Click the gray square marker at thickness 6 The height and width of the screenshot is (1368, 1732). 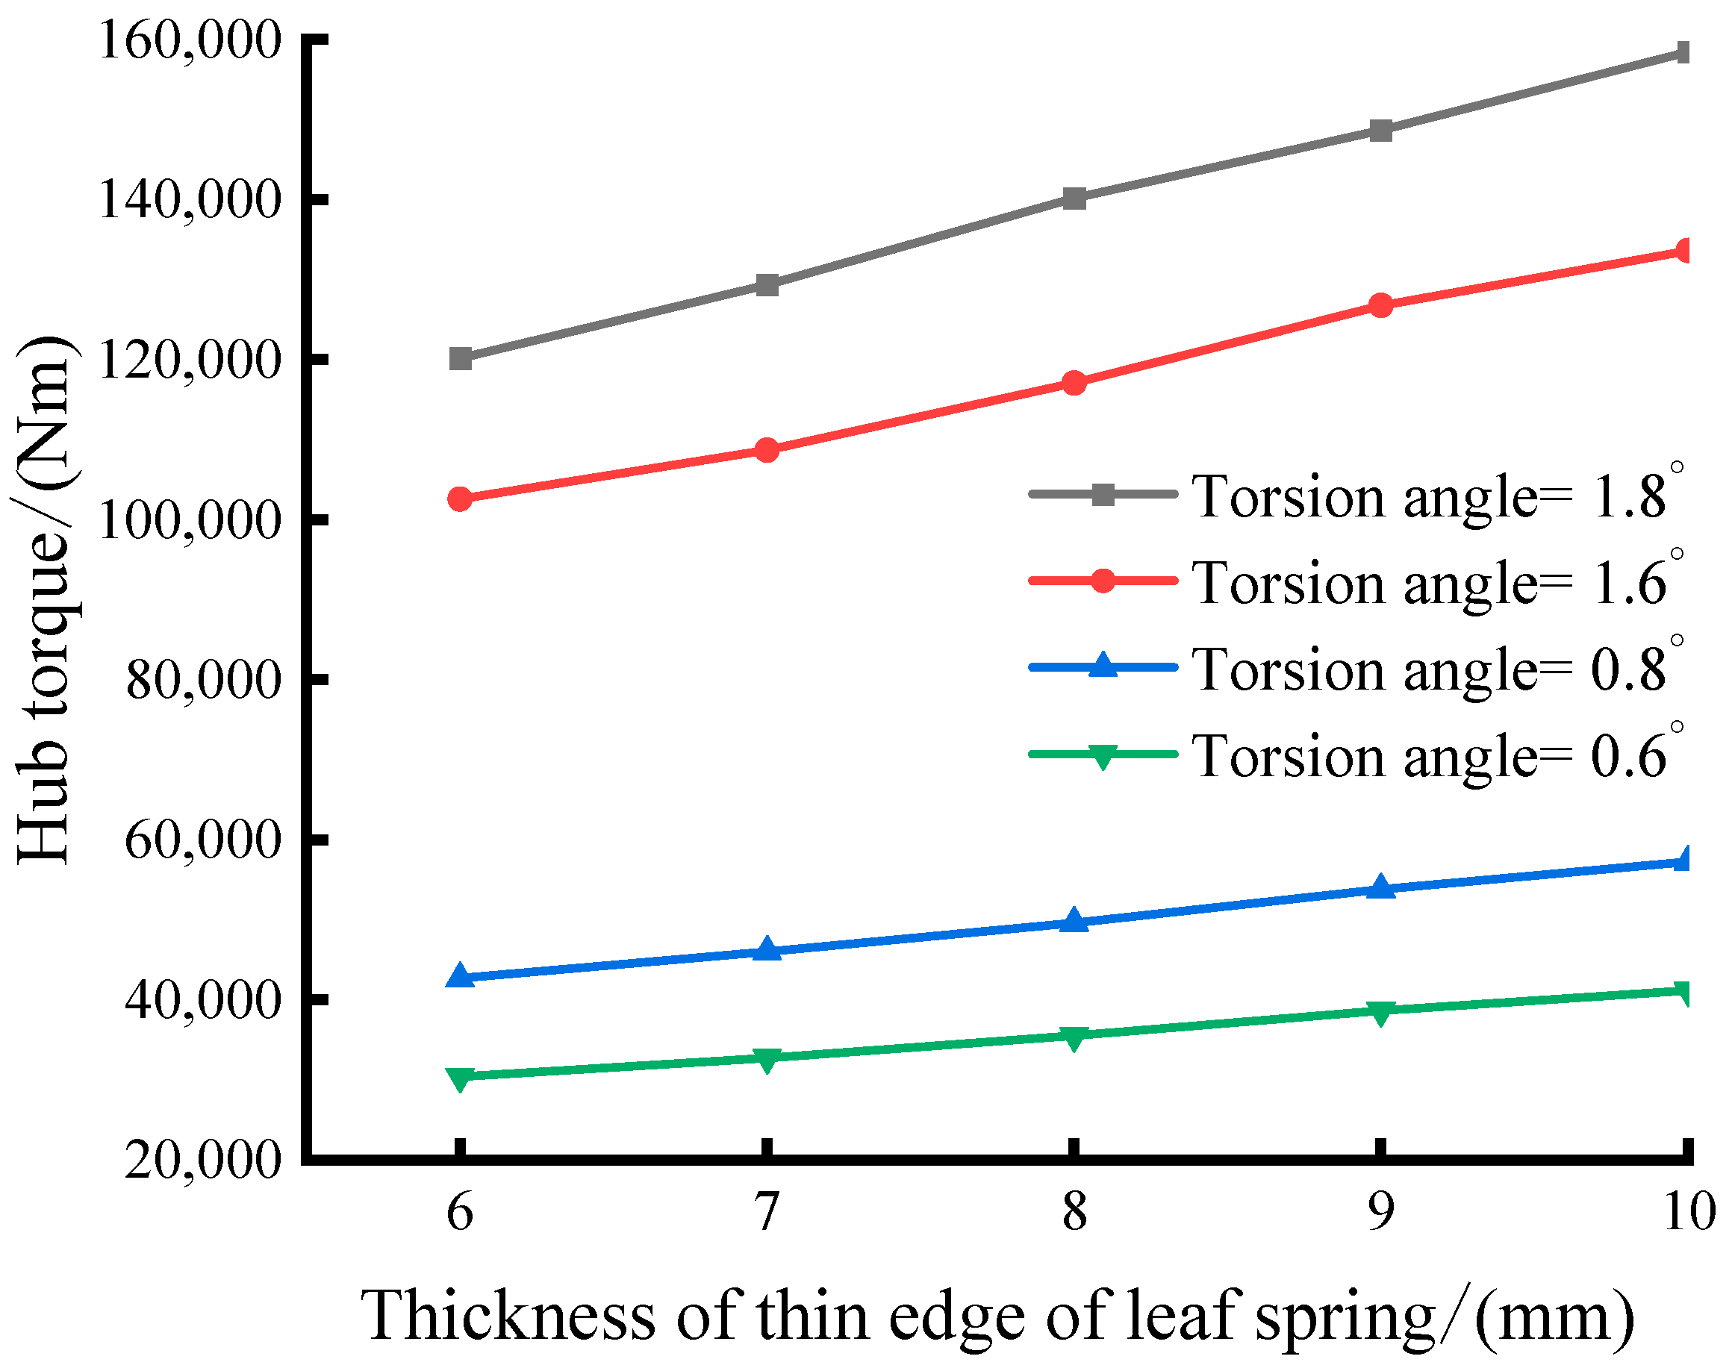pyautogui.click(x=460, y=358)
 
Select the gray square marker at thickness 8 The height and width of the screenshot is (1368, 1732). pyautogui.click(x=1074, y=198)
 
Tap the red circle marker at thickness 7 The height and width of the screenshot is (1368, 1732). pyautogui.click(x=767, y=450)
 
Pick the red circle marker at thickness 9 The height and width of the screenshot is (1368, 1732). pyautogui.click(x=1380, y=305)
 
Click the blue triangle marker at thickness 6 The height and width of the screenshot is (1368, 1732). pyautogui.click(x=460, y=975)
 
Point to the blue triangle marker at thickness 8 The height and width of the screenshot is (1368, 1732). pyautogui.click(x=1074, y=921)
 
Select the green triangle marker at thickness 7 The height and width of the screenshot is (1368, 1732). pyautogui.click(x=767, y=1060)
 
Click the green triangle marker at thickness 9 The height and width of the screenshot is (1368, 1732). pyautogui.click(x=1380, y=1013)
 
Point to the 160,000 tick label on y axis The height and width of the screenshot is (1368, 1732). pyautogui.click(x=190, y=40)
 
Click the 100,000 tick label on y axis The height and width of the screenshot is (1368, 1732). pyautogui.click(x=190, y=519)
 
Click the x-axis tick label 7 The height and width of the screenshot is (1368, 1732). pyautogui.click(x=767, y=1211)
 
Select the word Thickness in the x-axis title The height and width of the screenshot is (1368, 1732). pyautogui.click(x=508, y=1315)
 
